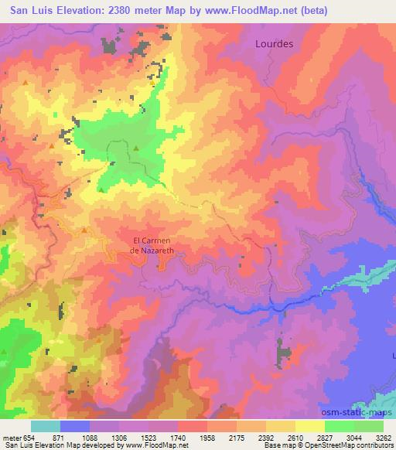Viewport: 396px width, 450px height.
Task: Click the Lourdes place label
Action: pos(274,44)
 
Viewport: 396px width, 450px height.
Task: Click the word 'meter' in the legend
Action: pos(12,438)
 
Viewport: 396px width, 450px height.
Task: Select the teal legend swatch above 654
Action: pos(46,426)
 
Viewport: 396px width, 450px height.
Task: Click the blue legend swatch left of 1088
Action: pos(75,426)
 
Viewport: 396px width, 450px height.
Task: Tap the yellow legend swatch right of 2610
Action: pos(309,426)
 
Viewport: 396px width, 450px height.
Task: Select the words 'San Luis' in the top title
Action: pos(28,10)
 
